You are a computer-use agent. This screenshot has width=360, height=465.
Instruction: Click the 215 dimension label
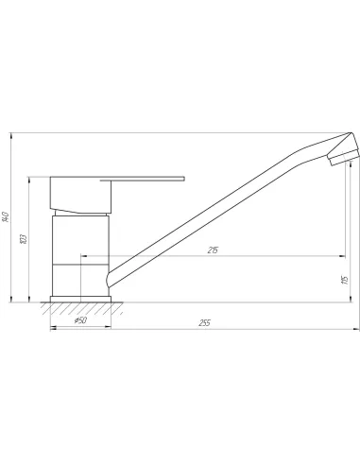click(x=213, y=250)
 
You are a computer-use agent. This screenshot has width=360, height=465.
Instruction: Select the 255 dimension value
click(x=204, y=323)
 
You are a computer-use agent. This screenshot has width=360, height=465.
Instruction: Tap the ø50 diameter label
click(x=80, y=320)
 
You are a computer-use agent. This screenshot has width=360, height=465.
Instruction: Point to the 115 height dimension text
click(x=345, y=280)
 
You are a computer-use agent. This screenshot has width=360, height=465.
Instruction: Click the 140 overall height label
click(x=6, y=216)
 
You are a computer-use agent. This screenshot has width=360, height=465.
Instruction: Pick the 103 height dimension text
click(x=24, y=238)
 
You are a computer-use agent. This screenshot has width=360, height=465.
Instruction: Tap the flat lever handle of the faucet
click(x=142, y=180)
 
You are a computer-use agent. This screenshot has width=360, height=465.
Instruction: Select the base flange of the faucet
click(x=80, y=299)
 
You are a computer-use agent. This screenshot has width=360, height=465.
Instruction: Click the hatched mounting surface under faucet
click(x=81, y=308)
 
